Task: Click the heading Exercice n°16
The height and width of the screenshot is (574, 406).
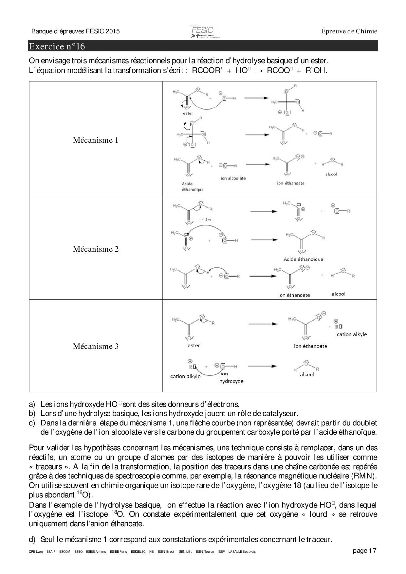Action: tap(57, 46)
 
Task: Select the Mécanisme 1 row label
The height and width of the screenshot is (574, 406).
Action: tap(96, 140)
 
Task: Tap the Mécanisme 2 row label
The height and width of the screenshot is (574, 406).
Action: tap(96, 249)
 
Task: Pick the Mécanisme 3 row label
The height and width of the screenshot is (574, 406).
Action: tap(96, 346)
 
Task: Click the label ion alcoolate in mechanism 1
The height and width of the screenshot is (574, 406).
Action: tap(233, 178)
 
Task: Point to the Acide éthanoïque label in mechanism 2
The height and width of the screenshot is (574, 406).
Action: tap(303, 259)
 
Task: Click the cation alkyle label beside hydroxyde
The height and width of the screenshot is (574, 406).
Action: tap(185, 376)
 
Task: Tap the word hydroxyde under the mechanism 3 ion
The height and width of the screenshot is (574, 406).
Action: tap(231, 381)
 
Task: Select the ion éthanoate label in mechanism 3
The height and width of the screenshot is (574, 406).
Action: tap(310, 346)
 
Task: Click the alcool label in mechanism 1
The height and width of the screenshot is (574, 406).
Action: tap(331, 174)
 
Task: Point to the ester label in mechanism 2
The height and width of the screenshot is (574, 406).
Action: tap(206, 220)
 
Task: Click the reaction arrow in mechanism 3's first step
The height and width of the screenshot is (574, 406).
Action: tap(263, 324)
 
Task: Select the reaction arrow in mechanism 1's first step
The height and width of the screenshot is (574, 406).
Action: tap(256, 98)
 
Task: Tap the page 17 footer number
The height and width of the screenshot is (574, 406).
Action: tap(365, 551)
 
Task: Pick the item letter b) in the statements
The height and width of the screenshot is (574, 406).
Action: tap(32, 413)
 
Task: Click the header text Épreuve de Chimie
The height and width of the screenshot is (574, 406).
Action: tap(349, 31)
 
